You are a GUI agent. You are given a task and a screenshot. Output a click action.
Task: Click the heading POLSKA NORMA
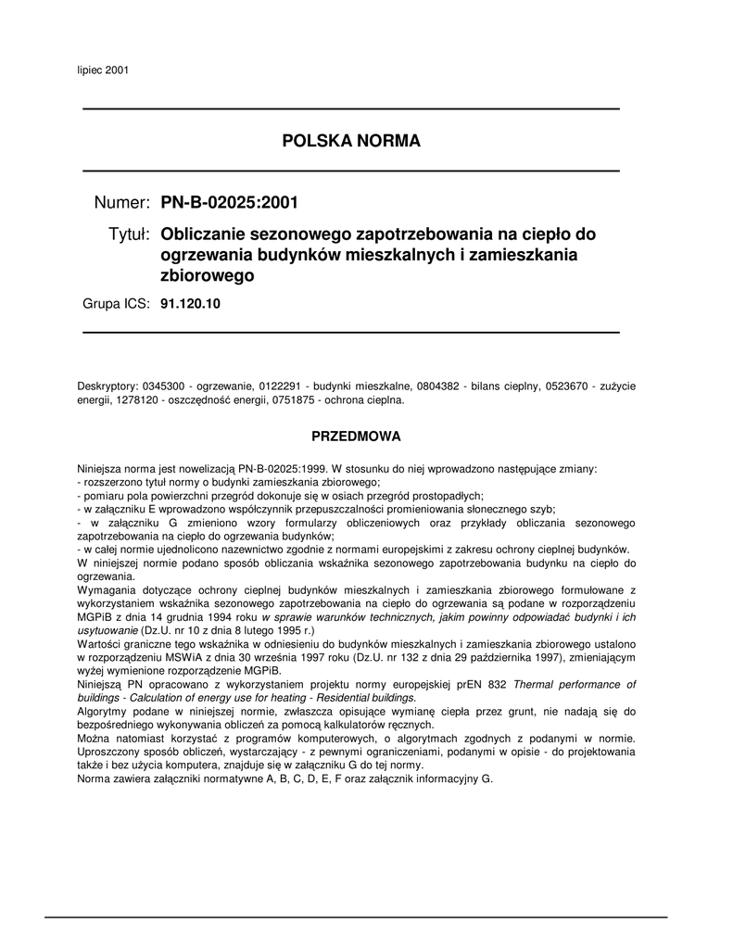[351, 141]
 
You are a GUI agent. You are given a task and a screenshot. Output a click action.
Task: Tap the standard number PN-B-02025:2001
[230, 203]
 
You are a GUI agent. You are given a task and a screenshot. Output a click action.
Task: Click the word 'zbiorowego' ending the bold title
[207, 275]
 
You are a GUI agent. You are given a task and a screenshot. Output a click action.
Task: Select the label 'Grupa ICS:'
[116, 303]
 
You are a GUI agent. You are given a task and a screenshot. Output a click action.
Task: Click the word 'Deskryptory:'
[107, 386]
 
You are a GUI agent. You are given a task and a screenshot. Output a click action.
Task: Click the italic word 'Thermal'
[537, 684]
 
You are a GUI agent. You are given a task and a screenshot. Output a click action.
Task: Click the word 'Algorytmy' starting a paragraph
[103, 711]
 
